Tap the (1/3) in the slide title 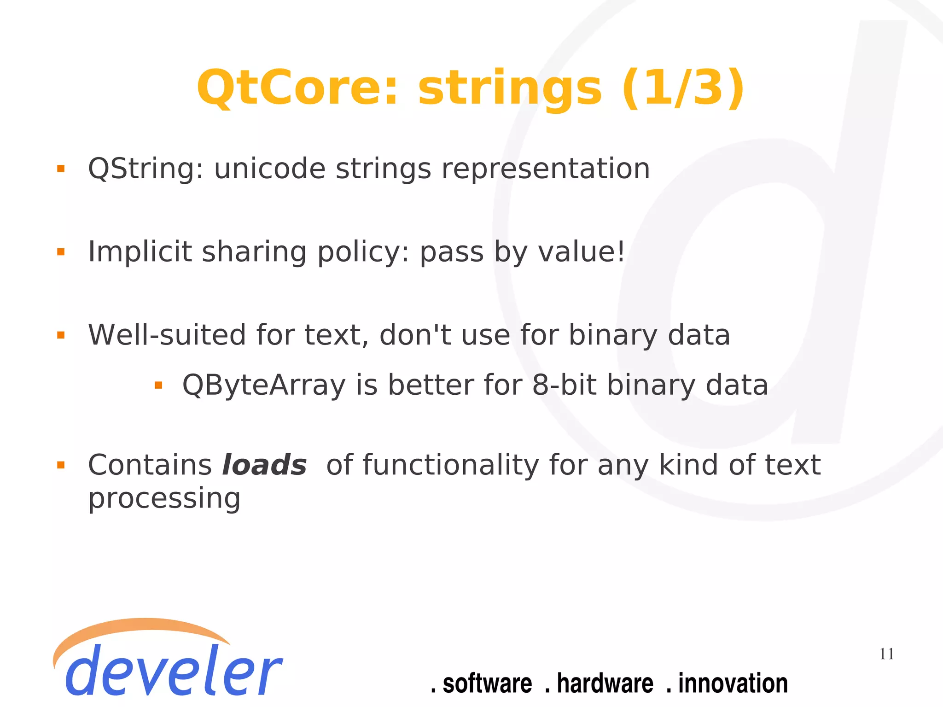click(683, 88)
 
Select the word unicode click(270, 169)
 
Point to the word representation click(546, 169)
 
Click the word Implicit click(140, 252)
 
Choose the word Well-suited click(167, 335)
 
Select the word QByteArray click(264, 385)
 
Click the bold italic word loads click(264, 465)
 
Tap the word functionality click(451, 465)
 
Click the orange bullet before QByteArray click(158, 386)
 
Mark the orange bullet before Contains click(61, 465)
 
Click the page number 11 click(886, 654)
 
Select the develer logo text click(173, 670)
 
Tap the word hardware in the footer click(605, 684)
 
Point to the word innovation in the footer click(733, 684)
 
